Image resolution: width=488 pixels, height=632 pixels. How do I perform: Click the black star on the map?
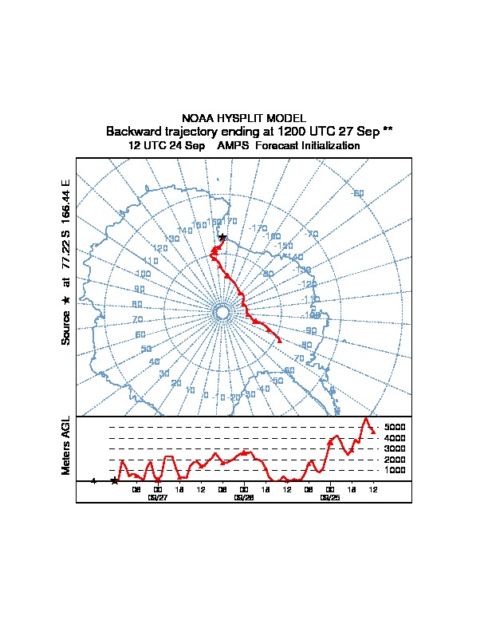coord(222,238)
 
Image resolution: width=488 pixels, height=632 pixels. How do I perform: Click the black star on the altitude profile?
coord(115,481)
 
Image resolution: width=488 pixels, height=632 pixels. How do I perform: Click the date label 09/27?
coord(158,496)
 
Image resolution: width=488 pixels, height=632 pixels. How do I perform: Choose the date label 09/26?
coord(244,496)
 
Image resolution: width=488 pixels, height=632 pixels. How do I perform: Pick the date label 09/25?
coord(329,496)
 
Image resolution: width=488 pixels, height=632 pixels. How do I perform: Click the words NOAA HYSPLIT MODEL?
coord(244,118)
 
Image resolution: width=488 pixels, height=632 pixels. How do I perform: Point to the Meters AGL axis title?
coord(67,446)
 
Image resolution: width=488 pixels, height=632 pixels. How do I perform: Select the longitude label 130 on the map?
coord(171,239)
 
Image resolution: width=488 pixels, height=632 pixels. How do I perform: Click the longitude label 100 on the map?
coord(143,274)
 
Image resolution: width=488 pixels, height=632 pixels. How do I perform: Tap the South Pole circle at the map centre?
coord(222,312)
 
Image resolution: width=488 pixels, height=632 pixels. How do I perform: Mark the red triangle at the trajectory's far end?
coord(279,340)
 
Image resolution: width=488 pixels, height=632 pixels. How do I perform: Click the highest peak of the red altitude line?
coord(366,418)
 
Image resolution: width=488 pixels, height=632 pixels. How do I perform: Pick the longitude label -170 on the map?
coord(258,228)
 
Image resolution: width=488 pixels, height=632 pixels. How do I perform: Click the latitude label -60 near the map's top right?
coord(357,193)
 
